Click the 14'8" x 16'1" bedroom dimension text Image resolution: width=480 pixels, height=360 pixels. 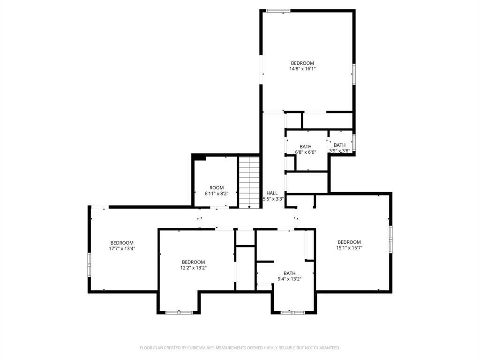click(302, 69)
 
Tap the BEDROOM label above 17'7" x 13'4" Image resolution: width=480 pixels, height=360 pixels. click(122, 243)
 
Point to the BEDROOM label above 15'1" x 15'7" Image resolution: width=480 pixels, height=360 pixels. click(349, 242)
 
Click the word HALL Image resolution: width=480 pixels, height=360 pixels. click(272, 193)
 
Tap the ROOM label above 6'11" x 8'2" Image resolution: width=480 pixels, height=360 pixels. click(217, 187)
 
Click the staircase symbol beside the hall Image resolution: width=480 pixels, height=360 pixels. click(249, 182)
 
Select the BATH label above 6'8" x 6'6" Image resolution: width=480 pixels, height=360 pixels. click(306, 147)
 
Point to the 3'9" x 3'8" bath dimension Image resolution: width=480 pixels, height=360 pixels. click(340, 151)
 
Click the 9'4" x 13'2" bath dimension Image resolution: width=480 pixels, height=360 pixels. click(290, 279)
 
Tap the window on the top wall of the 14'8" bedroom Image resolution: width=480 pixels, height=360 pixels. click(278, 10)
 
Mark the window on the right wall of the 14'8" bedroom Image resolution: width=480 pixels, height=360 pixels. click(354, 74)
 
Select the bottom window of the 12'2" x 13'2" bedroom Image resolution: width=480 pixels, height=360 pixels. click(179, 312)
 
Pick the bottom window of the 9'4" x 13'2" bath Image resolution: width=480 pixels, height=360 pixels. click(292, 312)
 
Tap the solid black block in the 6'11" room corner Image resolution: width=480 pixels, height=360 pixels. click(199, 157)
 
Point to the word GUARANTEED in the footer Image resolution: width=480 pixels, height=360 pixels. click(324, 348)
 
